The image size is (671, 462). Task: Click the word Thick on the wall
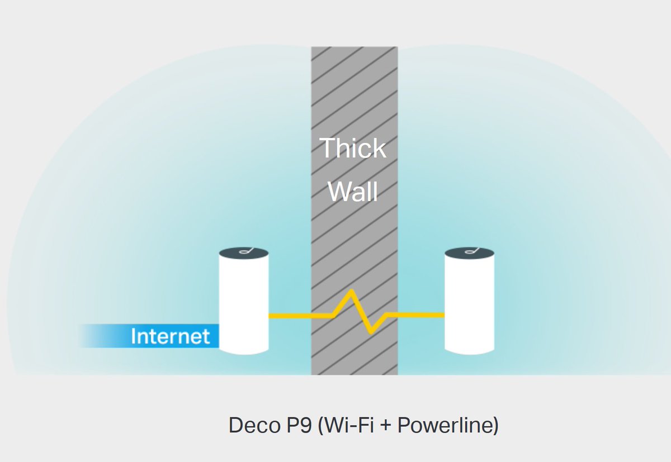click(x=353, y=148)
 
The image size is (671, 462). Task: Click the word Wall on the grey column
click(x=353, y=191)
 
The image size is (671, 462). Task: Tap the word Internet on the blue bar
click(x=170, y=336)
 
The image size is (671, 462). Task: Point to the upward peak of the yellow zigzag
click(x=351, y=291)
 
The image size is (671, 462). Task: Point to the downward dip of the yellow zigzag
click(x=371, y=332)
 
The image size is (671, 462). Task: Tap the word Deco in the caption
click(x=250, y=426)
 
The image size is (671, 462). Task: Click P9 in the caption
click(x=294, y=426)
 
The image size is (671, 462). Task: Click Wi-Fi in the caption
click(x=350, y=426)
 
